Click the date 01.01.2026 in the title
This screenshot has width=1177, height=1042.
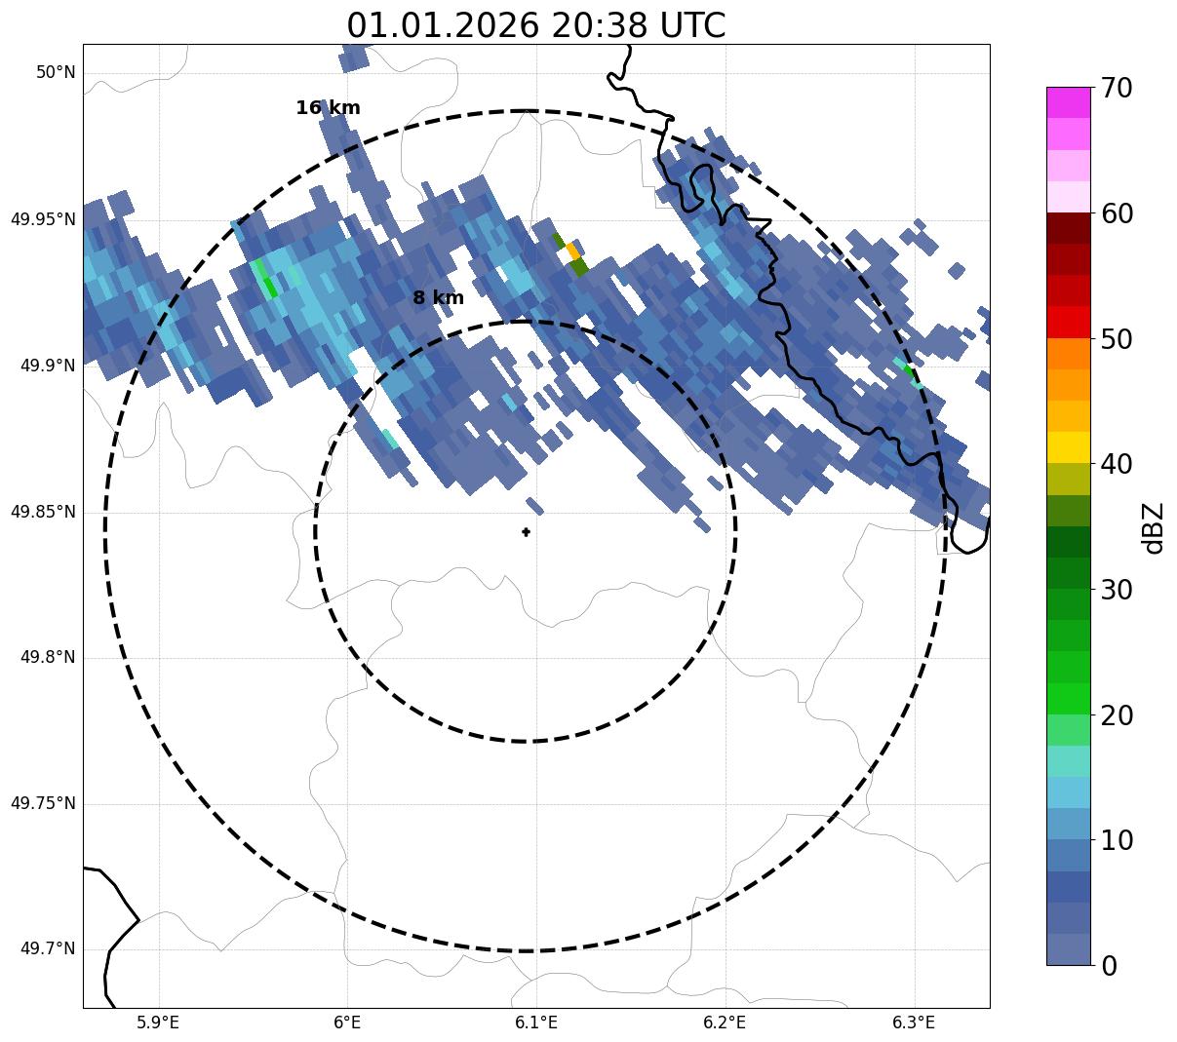click(442, 25)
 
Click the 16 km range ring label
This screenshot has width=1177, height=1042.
click(328, 108)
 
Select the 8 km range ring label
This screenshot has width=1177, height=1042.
click(438, 298)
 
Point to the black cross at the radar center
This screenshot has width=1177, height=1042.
click(526, 531)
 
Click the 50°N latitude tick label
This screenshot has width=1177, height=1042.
click(56, 73)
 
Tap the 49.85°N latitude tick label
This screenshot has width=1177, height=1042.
click(43, 512)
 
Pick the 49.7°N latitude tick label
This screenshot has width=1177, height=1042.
click(48, 949)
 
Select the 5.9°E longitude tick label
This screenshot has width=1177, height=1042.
click(158, 1023)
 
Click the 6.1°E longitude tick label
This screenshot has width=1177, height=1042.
click(535, 1023)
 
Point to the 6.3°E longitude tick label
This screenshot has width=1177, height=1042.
click(913, 1023)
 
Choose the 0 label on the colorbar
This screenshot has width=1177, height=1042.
click(1110, 966)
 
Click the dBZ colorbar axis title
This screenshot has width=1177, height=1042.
click(1154, 527)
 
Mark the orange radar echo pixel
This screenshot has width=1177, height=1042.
click(573, 251)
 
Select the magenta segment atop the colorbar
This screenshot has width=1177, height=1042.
click(1068, 102)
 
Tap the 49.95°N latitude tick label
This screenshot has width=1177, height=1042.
click(43, 219)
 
